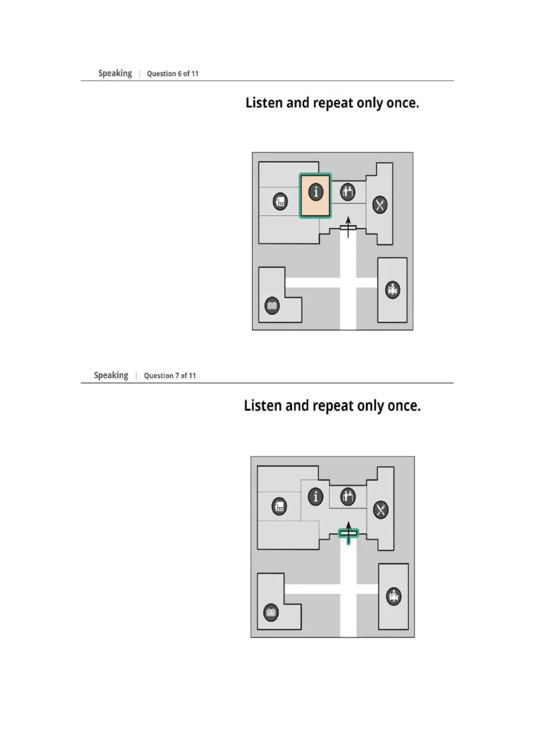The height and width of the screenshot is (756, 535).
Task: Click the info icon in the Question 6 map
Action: click(316, 192)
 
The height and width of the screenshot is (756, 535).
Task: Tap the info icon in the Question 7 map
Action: click(316, 497)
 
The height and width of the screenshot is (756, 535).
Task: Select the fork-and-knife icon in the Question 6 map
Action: click(379, 204)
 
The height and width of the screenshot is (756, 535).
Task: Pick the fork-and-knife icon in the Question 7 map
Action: click(380, 509)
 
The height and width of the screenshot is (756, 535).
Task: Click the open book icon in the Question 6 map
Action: click(272, 306)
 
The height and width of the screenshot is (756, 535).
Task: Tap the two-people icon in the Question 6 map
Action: click(348, 192)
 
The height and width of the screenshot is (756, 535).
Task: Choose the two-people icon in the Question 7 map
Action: click(348, 497)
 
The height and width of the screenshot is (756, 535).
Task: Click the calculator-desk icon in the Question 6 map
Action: click(280, 202)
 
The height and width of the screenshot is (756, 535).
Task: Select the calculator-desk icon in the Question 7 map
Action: click(279, 506)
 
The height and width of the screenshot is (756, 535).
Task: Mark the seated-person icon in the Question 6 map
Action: click(392, 290)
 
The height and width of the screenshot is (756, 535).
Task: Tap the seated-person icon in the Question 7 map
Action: click(393, 597)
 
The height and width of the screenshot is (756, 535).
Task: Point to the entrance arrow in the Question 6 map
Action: click(348, 227)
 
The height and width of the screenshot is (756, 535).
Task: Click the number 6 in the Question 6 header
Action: click(180, 74)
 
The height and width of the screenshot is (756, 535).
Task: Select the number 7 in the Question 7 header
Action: click(177, 376)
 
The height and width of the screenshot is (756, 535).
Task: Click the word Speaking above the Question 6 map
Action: click(115, 74)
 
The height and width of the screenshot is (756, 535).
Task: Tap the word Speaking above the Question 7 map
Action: click(111, 376)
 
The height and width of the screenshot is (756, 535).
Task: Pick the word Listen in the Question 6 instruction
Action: click(264, 102)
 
